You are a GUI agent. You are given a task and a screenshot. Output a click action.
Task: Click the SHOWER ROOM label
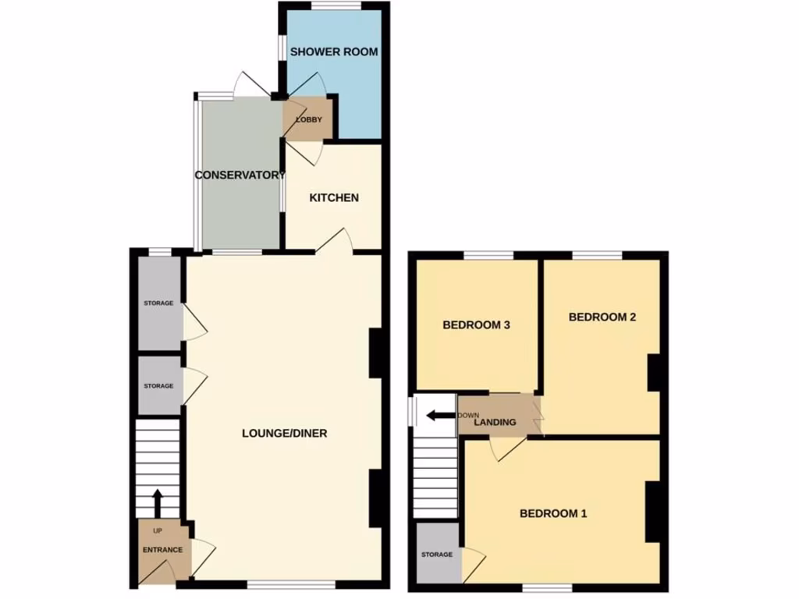pyautogui.click(x=334, y=52)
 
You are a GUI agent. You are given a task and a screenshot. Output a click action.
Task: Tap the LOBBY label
pyautogui.click(x=308, y=119)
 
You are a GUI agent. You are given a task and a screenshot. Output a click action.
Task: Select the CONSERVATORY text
pyautogui.click(x=240, y=175)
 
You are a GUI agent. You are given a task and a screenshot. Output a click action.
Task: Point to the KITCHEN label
pyautogui.click(x=334, y=198)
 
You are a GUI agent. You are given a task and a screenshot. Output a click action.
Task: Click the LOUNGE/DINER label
pyautogui.click(x=284, y=434)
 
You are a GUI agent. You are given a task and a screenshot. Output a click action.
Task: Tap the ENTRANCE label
pyautogui.click(x=162, y=550)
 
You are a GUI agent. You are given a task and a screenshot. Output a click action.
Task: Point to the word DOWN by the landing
pyautogui.click(x=469, y=415)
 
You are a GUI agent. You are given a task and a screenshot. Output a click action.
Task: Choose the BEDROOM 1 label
pyautogui.click(x=553, y=513)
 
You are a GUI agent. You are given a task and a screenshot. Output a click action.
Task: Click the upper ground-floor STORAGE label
pyautogui.click(x=158, y=303)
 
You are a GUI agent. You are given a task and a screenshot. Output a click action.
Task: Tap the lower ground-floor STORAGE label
pyautogui.click(x=158, y=385)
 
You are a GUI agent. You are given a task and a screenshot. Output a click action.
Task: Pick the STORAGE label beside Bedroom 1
pyautogui.click(x=437, y=555)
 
